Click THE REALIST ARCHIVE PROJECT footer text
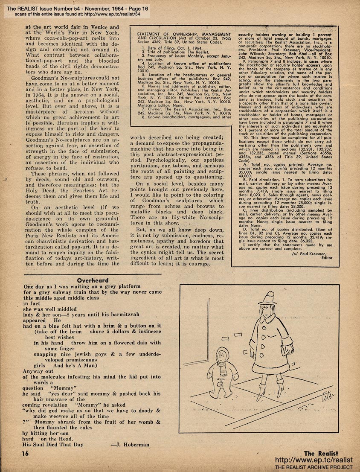tap(317, 468)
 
